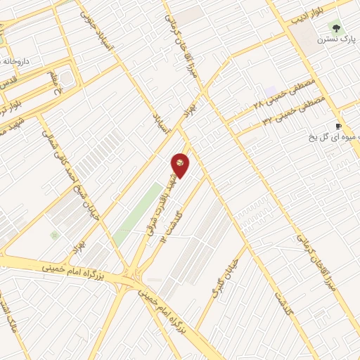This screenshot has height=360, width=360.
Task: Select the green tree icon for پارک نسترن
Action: click(x=335, y=29)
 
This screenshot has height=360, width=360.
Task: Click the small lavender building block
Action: click(x=271, y=91)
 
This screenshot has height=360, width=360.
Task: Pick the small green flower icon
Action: click(x=54, y=235)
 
